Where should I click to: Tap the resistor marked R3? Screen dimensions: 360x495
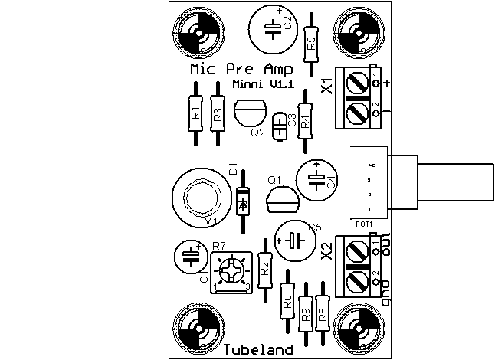point(218,116)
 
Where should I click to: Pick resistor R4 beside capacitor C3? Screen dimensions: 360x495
point(305,119)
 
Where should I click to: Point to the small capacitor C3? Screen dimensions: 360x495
point(281,124)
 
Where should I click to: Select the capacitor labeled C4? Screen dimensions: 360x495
point(316,178)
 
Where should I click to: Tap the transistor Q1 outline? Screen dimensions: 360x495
point(281,201)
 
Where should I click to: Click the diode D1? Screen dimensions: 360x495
point(244,201)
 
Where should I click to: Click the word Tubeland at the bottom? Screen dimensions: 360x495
point(258,350)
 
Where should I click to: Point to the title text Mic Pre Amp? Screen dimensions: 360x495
point(240,70)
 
